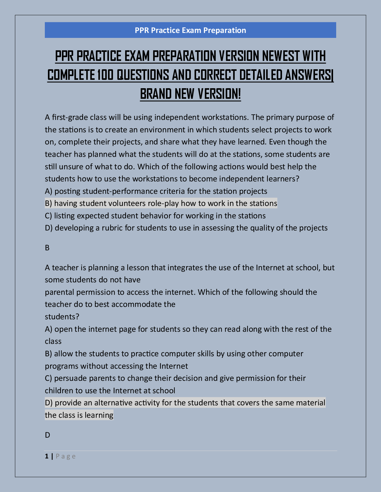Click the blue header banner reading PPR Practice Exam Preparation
point(190,30)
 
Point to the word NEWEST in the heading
point(280,56)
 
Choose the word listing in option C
point(64,216)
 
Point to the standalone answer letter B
point(47,248)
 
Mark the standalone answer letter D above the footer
point(47,435)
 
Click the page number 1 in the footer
point(47,456)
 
